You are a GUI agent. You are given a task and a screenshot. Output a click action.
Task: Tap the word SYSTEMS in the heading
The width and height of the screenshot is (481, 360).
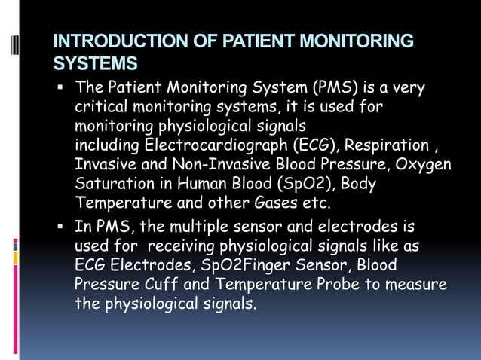click(x=96, y=62)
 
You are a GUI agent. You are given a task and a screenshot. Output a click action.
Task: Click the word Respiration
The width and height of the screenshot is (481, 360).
click(x=384, y=145)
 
